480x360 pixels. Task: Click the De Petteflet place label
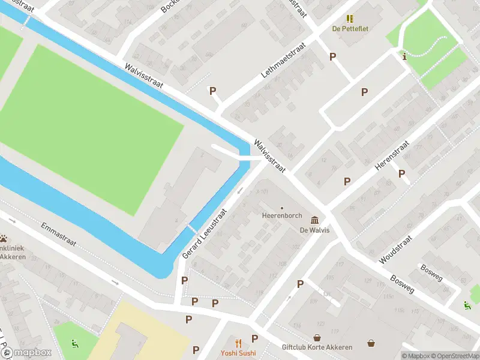pyautogui.click(x=350, y=28)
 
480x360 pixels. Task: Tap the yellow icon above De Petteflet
pyautogui.click(x=350, y=19)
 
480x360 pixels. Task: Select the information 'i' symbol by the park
pyautogui.click(x=405, y=57)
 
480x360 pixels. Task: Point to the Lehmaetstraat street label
pyautogui.click(x=284, y=60)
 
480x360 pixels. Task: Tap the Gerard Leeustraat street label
pyautogui.click(x=205, y=234)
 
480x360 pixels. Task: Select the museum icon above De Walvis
pyautogui.click(x=314, y=220)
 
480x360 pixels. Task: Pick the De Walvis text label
pyautogui.click(x=314, y=230)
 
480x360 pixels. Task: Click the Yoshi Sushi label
pyautogui.click(x=238, y=353)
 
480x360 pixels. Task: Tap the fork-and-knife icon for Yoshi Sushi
pyautogui.click(x=238, y=343)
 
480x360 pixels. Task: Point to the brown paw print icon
pyautogui.click(x=4, y=238)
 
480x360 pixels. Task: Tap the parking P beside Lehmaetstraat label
pyautogui.click(x=212, y=91)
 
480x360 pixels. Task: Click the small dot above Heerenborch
pyautogui.click(x=282, y=208)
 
